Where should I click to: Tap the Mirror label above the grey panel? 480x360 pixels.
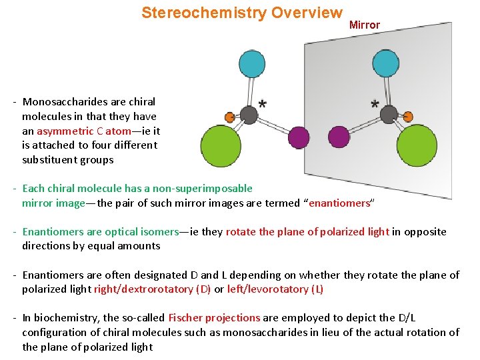(365, 25)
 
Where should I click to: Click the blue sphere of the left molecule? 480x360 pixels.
(252, 63)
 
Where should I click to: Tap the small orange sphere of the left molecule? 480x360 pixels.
(229, 117)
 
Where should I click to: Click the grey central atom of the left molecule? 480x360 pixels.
(249, 115)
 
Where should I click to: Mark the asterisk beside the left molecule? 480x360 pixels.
(263, 105)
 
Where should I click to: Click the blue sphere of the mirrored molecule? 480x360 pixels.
(385, 63)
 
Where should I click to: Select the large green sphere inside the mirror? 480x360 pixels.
(417, 145)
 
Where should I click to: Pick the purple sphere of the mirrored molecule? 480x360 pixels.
(339, 137)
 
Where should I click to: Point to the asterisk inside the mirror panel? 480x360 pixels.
(375, 105)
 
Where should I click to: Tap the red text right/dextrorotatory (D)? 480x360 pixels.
(152, 289)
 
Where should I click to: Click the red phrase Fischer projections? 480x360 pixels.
(214, 318)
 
